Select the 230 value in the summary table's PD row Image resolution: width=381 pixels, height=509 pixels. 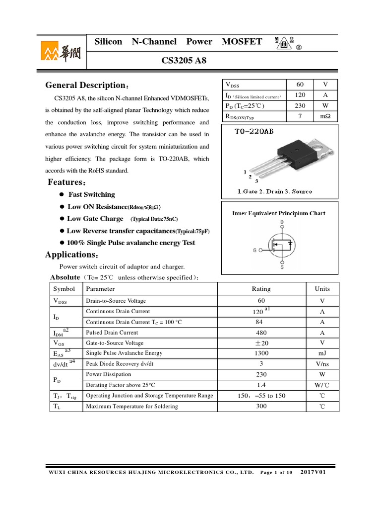[x=300, y=106]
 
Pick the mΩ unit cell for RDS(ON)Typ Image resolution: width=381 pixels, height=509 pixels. [x=325, y=117]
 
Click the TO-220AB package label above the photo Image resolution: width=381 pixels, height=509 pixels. [x=254, y=132]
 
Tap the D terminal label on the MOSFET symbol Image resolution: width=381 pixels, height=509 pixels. [x=282, y=222]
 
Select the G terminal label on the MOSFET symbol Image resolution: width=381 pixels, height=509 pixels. [x=254, y=250]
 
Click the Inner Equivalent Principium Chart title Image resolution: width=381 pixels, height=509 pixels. [x=279, y=213]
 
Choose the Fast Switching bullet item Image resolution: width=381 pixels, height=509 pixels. [x=91, y=194]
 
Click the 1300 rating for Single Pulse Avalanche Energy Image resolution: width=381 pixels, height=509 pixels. [x=261, y=353]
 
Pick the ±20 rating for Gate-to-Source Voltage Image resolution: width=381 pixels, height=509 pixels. [x=261, y=343]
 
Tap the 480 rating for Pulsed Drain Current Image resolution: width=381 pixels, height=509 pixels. [x=261, y=333]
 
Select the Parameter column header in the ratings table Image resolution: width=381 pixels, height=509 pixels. [x=100, y=289]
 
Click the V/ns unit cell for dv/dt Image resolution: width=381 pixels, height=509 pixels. [x=322, y=364]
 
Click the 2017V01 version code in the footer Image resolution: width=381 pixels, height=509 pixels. [x=313, y=472]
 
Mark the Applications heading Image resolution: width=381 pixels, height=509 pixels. [x=69, y=254]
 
